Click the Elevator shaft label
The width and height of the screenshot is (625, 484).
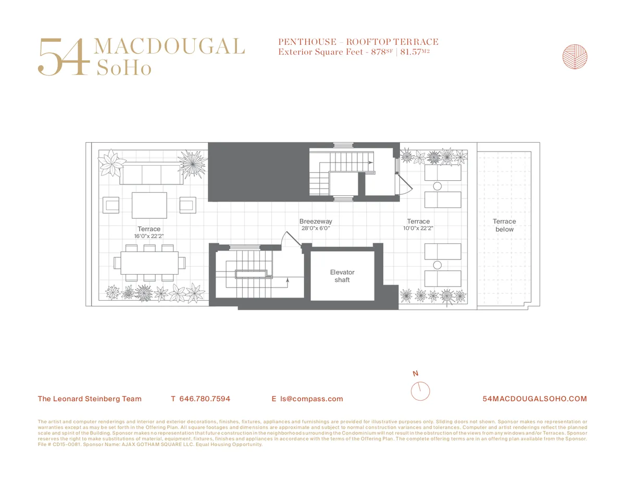(x=342, y=276)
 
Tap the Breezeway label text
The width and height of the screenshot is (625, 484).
(x=316, y=221)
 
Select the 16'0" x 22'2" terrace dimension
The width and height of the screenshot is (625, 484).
(x=149, y=236)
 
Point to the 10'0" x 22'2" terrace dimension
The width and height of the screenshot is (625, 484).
(x=418, y=228)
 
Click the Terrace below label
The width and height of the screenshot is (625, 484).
(x=504, y=225)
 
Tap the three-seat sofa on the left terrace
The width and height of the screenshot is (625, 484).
(x=151, y=174)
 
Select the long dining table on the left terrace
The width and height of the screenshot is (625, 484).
(x=149, y=263)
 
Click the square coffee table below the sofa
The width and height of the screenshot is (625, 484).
(x=149, y=205)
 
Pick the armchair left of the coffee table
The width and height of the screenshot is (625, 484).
(x=111, y=205)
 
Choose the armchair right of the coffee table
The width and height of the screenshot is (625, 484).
(x=187, y=205)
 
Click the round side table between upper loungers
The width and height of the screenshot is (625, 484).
(x=438, y=186)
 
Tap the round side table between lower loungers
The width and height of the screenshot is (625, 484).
(x=438, y=265)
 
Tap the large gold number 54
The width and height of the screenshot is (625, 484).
(x=61, y=57)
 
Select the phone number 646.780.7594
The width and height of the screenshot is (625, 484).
(x=205, y=399)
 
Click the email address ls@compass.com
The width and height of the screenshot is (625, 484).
(x=311, y=399)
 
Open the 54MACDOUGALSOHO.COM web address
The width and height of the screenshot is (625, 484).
(x=535, y=399)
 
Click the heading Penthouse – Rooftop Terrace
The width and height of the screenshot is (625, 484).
(x=358, y=42)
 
